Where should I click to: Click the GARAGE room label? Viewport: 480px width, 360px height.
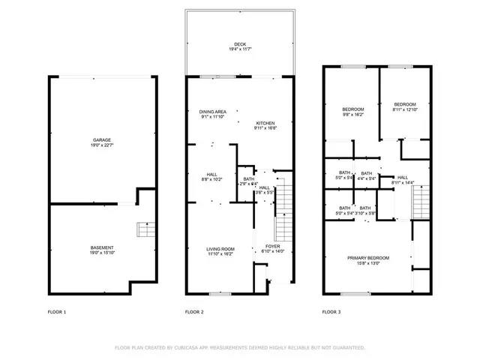tap(102, 139)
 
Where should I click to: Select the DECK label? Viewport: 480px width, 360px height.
tap(238, 43)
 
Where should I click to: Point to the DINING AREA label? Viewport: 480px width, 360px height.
tap(213, 111)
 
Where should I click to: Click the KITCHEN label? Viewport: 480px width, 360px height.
tap(265, 123)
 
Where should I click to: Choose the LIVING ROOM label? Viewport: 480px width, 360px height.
tap(220, 249)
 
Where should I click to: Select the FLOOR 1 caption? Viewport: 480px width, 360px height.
tap(56, 311)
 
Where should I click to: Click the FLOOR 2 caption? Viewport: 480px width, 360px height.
tap(194, 311)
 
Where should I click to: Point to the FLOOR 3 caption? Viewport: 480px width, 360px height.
tap(331, 311)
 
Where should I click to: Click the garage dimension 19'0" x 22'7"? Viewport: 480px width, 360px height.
tap(102, 145)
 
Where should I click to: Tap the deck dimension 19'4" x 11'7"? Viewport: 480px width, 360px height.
tap(238, 49)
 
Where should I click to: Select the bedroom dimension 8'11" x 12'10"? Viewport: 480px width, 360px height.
tap(405, 109)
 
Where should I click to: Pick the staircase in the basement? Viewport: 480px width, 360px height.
tap(142, 229)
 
